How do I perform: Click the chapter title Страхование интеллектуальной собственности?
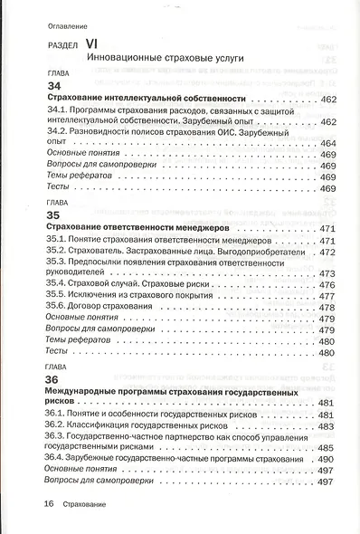[146, 98]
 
